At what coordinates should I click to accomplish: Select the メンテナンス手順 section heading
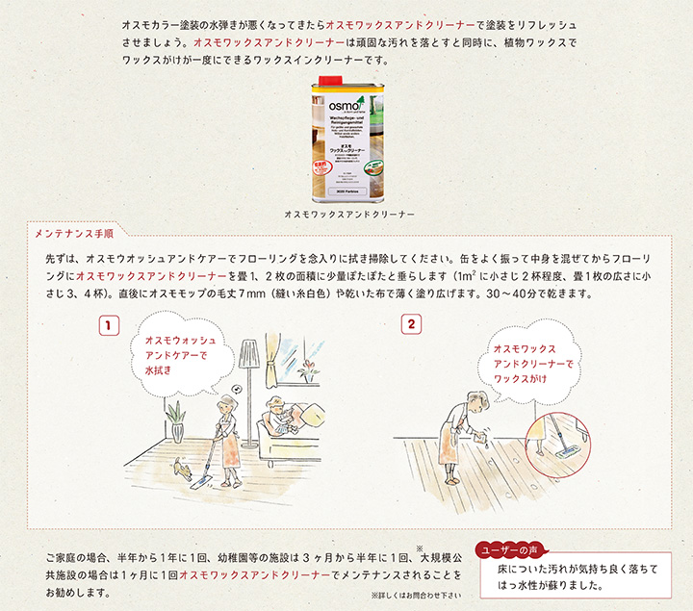(x=74, y=234)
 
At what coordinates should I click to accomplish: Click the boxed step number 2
(x=412, y=325)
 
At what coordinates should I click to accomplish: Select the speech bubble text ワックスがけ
(x=521, y=379)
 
